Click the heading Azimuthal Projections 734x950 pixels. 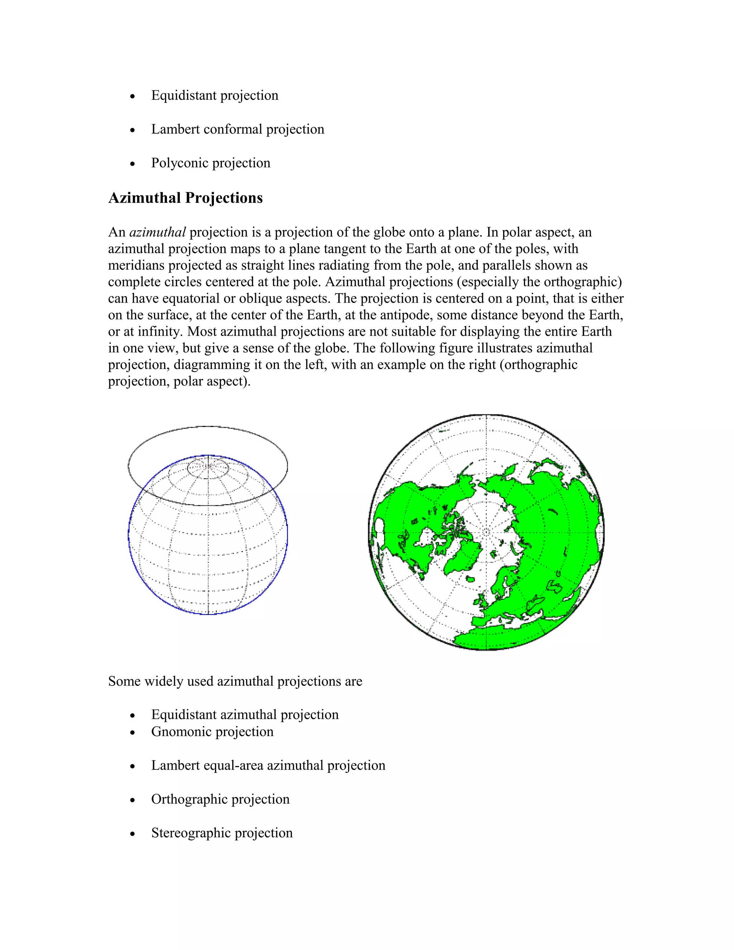pyautogui.click(x=185, y=198)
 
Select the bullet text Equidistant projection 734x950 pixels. pyautogui.click(x=214, y=95)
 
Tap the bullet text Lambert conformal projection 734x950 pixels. pyautogui.click(x=237, y=129)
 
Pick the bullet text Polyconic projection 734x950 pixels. pyautogui.click(x=210, y=163)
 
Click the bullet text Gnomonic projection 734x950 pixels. pyautogui.click(x=212, y=731)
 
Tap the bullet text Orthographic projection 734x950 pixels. pyautogui.click(x=220, y=799)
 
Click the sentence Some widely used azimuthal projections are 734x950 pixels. pyautogui.click(x=235, y=681)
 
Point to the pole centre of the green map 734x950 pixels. pyautogui.click(x=486, y=532)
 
